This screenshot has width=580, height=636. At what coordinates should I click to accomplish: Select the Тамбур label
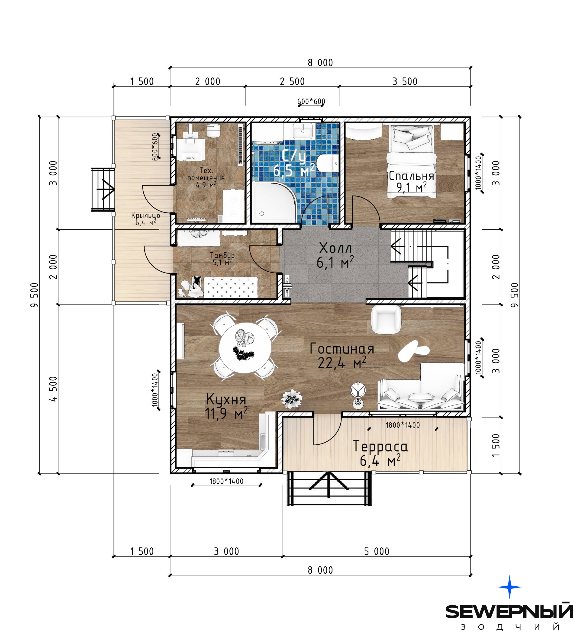click(222, 259)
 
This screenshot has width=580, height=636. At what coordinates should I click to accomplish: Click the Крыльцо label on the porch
click(145, 219)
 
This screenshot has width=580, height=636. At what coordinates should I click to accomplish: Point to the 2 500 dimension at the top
click(292, 81)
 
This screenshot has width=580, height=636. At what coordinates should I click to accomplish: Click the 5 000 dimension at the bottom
click(377, 551)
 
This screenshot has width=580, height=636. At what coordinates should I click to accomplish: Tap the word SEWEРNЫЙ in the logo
click(509, 611)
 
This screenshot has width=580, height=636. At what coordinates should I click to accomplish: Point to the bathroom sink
click(303, 131)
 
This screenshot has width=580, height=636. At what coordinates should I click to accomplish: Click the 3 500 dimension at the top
click(405, 81)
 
